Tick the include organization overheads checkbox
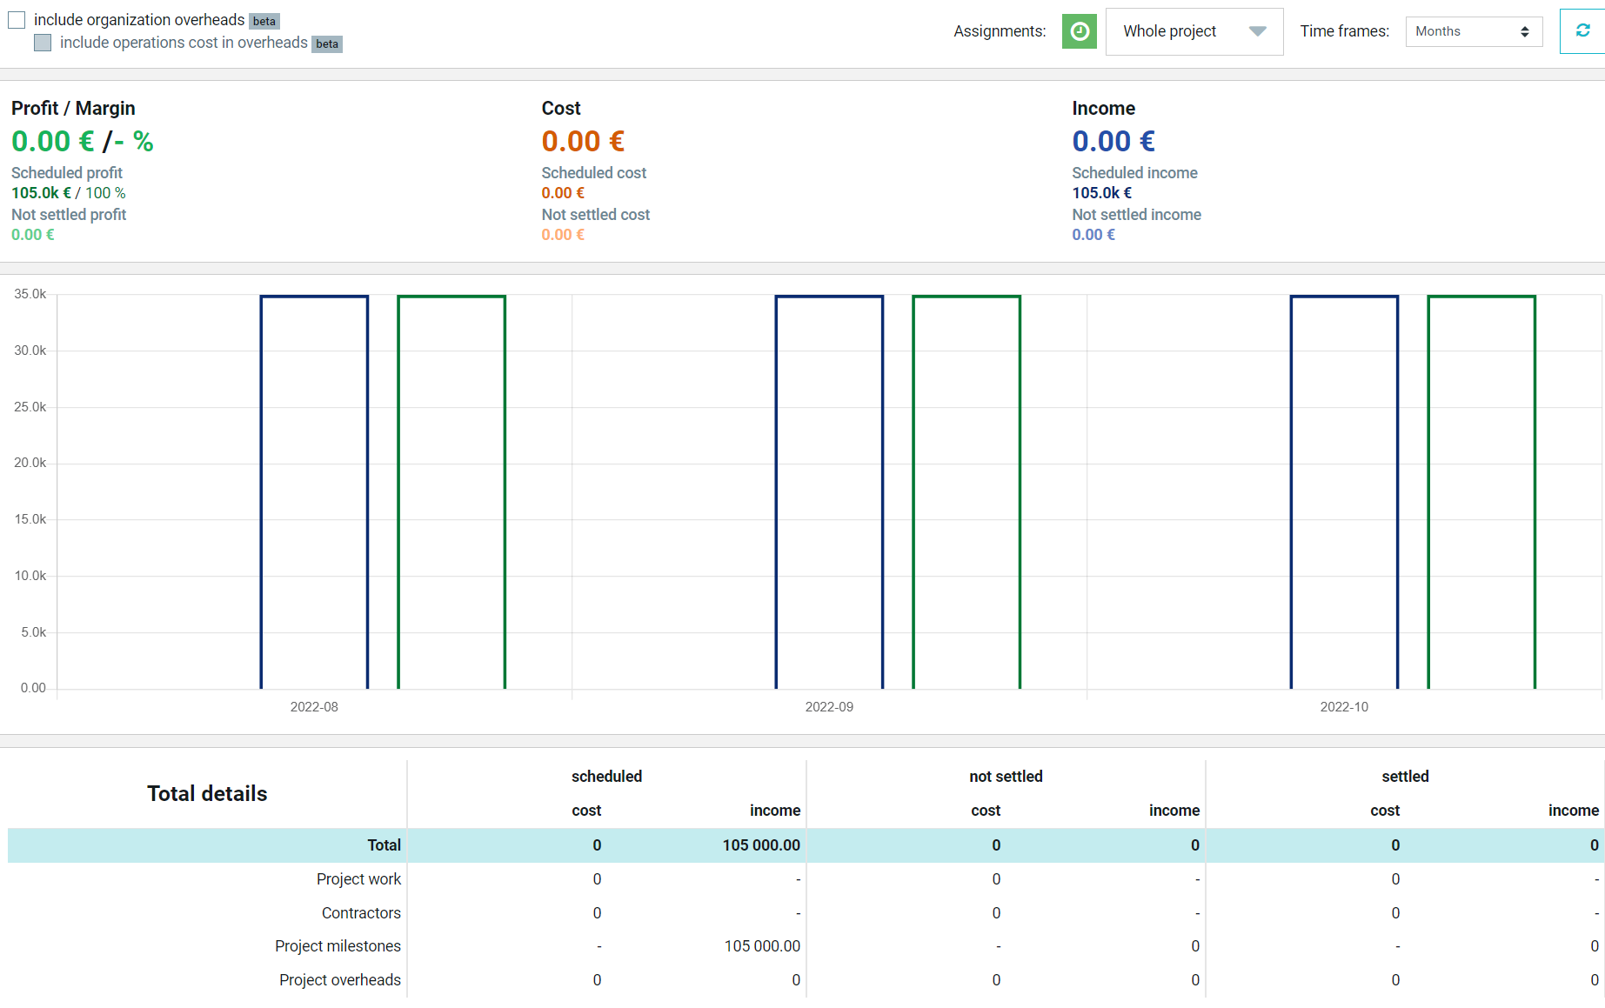coord(17,20)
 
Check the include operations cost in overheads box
coord(43,43)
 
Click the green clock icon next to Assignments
coord(1080,31)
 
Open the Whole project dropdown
coord(1194,31)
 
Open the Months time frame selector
coord(1474,31)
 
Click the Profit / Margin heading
coord(73,109)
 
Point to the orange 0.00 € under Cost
coord(583,141)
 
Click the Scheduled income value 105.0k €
coord(1101,193)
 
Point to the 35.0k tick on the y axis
coord(30,294)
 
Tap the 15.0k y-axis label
coord(30,519)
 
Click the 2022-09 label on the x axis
coord(829,707)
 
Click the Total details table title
coord(207,793)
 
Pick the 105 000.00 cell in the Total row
coord(761,845)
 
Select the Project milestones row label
coord(338,946)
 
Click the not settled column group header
coord(1006,777)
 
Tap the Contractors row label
coord(361,913)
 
